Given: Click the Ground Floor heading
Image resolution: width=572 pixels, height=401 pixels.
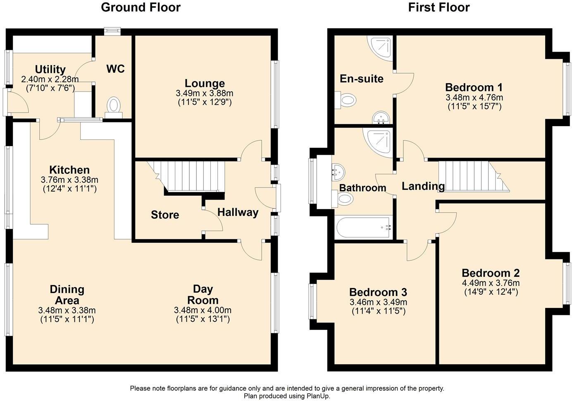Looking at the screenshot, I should pyautogui.click(x=141, y=7).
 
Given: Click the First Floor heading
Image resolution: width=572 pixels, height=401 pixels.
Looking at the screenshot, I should pyautogui.click(x=439, y=7).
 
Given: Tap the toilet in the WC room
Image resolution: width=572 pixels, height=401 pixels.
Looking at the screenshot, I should pyautogui.click(x=113, y=106).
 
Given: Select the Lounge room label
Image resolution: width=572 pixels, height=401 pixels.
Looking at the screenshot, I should pyautogui.click(x=205, y=83).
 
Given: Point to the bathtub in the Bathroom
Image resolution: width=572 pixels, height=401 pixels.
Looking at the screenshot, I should pyautogui.click(x=363, y=227).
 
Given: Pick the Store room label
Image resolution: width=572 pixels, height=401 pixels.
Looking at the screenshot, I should pyautogui.click(x=165, y=215).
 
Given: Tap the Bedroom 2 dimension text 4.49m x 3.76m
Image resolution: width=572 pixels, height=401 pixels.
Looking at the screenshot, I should pyautogui.click(x=491, y=283).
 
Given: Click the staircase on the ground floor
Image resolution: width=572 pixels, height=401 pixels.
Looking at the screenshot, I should pyautogui.click(x=190, y=176).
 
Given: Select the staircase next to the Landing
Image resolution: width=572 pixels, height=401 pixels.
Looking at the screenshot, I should pyautogui.click(x=471, y=176).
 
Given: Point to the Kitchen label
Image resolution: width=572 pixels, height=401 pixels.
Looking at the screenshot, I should pyautogui.click(x=69, y=170).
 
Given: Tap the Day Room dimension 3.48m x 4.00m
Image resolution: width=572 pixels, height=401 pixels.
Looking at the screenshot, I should pyautogui.click(x=203, y=310).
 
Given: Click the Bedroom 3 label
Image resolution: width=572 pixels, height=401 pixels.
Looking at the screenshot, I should pyautogui.click(x=378, y=293).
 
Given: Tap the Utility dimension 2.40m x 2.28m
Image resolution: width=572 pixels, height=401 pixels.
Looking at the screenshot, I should pyautogui.click(x=50, y=79).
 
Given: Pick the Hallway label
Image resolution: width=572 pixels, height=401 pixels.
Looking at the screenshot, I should pyautogui.click(x=238, y=213).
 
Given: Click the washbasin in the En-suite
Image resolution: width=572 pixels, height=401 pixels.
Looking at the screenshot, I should pyautogui.click(x=381, y=118).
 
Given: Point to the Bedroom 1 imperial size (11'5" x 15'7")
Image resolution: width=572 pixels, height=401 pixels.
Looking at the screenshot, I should pyautogui.click(x=474, y=106).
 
